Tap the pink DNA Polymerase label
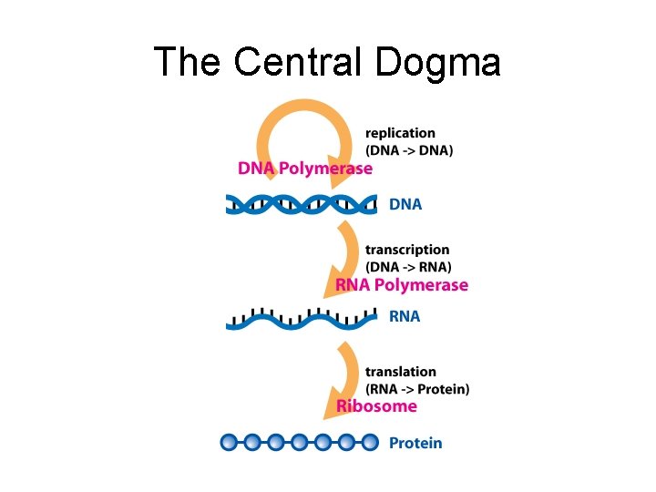tap(305, 169)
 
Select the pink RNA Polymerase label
tap(402, 285)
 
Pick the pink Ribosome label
tap(377, 406)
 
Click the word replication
tap(400, 133)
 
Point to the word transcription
tap(407, 250)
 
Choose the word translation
tap(401, 372)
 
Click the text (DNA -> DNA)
tap(409, 150)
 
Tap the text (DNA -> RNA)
tap(408, 267)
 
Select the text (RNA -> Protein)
tap(417, 389)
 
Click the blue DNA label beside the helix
tap(405, 204)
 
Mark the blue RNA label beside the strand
tap(405, 317)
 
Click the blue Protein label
tap(415, 443)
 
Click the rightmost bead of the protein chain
tap(369, 443)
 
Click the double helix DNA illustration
tap(301, 204)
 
